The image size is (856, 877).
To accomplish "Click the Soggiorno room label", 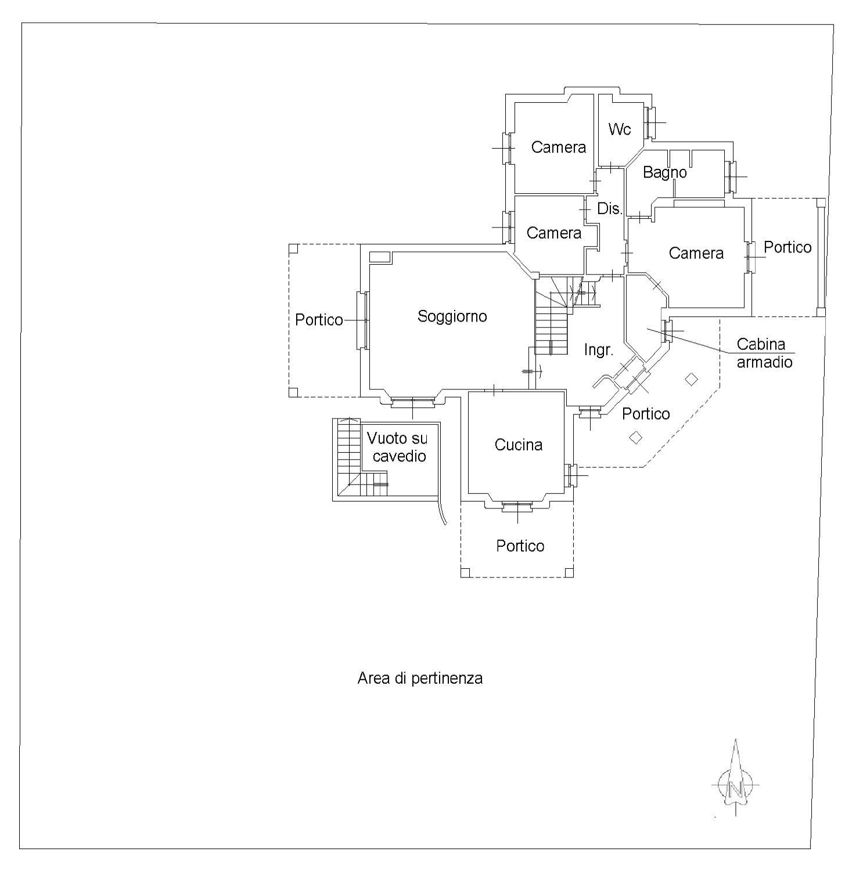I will coord(452,316).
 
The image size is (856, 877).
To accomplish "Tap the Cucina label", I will coord(518,445).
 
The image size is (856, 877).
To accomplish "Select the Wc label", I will coord(619,129).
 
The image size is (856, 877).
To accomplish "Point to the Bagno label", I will coord(664,172).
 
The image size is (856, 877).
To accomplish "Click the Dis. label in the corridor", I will coord(609,209).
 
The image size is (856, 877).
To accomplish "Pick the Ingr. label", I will coord(598,350).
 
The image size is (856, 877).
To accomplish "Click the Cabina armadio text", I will coord(764,353).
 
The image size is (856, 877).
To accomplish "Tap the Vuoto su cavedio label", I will coord(397,447).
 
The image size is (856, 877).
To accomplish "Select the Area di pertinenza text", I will coord(420,678).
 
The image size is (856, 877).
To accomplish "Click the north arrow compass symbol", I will coord(735,781).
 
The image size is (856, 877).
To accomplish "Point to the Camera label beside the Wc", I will coord(558,147).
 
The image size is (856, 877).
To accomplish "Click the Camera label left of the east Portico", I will coord(696,253).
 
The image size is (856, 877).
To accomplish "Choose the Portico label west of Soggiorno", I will coord(318,320).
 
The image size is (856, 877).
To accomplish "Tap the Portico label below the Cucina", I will coord(520,546).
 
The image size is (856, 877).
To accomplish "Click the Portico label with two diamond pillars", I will coord(645,414).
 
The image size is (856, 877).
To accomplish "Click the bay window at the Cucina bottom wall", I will coord(516,507).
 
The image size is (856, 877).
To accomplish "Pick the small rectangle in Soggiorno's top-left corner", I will coord(379,257).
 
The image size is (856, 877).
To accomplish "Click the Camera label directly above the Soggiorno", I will coord(553,233).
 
